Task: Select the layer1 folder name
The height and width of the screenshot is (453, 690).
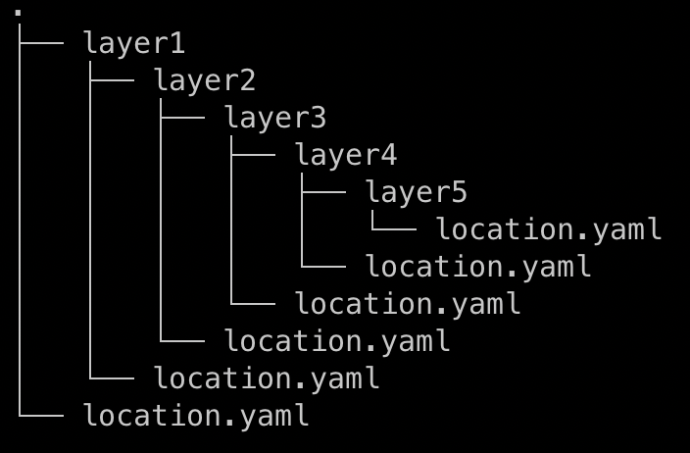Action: (134, 44)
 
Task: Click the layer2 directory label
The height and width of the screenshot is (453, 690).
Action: (205, 81)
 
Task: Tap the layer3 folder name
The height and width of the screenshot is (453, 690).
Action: (275, 119)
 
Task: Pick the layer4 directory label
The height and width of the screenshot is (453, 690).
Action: (346, 156)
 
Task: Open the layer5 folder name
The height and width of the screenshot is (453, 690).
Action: (417, 193)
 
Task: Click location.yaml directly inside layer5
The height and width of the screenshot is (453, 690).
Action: (549, 229)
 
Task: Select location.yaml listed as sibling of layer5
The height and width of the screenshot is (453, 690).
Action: (478, 267)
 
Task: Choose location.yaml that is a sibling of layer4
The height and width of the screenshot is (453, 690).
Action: (408, 304)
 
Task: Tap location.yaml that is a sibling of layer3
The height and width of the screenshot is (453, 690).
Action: (337, 341)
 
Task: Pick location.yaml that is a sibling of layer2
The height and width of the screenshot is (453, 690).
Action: (267, 378)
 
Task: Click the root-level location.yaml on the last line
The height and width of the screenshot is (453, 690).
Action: (196, 416)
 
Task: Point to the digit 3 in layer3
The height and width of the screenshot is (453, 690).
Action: (317, 119)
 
